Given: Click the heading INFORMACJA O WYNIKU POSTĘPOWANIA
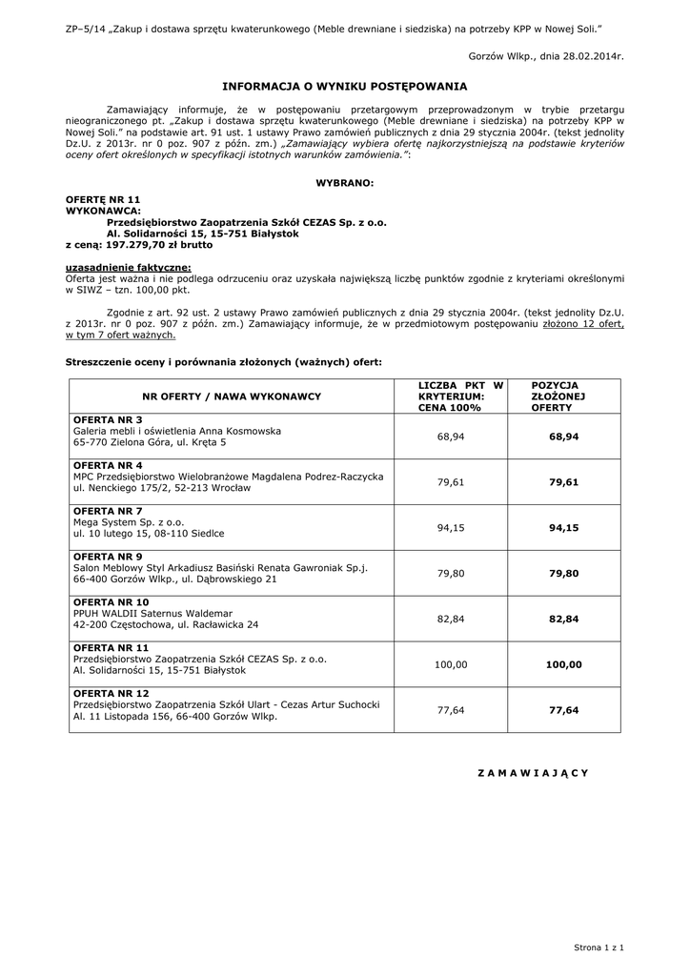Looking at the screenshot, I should pos(344,85).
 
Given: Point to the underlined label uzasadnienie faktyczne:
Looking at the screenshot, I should pos(128,267).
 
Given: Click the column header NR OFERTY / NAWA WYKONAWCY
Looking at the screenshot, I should pos(232,396).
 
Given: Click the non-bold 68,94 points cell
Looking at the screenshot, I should pos(451,436).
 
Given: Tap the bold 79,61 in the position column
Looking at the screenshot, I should pos(563,482).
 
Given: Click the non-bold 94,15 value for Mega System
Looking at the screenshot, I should pos(451,527).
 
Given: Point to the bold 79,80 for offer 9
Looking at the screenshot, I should pos(563,574).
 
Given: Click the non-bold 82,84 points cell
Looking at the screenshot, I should pos(451,619).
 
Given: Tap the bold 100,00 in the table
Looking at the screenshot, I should pos(563,664).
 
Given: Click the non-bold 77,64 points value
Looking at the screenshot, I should pos(451,710).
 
